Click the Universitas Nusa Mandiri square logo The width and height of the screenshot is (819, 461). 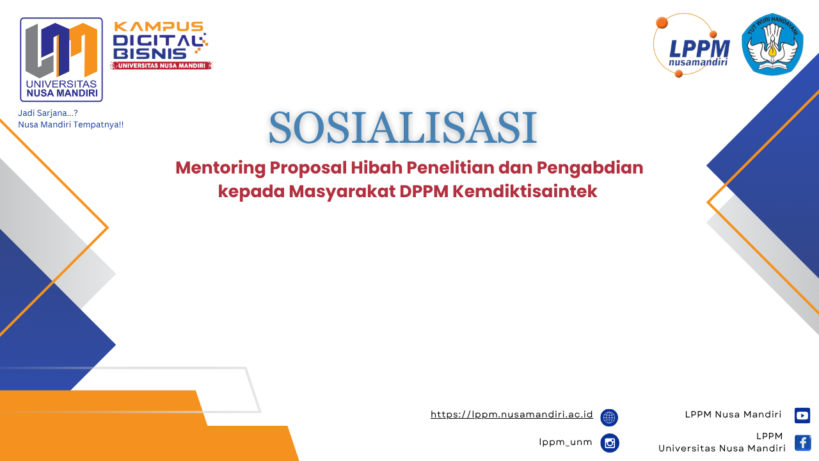click(x=61, y=60)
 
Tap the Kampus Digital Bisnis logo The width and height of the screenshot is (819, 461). click(x=161, y=45)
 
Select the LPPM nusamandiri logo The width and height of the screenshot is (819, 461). click(x=692, y=45)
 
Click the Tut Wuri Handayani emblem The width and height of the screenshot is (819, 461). click(x=772, y=44)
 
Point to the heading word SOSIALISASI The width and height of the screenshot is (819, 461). click(x=402, y=127)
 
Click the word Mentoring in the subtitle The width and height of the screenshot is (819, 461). click(x=221, y=168)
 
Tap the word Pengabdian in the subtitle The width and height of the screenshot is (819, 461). click(x=590, y=168)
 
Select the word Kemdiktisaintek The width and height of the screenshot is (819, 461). click(x=525, y=191)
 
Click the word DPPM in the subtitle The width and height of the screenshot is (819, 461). click(x=424, y=191)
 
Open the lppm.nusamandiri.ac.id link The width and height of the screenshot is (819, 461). click(x=511, y=414)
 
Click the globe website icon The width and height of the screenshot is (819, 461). click(x=609, y=417)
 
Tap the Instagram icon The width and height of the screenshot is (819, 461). click(x=610, y=443)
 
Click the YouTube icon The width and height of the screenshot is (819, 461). click(x=802, y=416)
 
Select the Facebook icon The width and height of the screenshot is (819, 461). click(x=802, y=443)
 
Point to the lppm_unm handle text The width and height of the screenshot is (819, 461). click(x=565, y=442)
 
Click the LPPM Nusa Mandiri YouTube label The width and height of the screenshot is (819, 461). click(x=733, y=414)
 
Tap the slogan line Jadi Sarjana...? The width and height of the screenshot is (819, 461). click(x=48, y=113)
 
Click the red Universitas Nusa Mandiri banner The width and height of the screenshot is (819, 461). click(x=161, y=65)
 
